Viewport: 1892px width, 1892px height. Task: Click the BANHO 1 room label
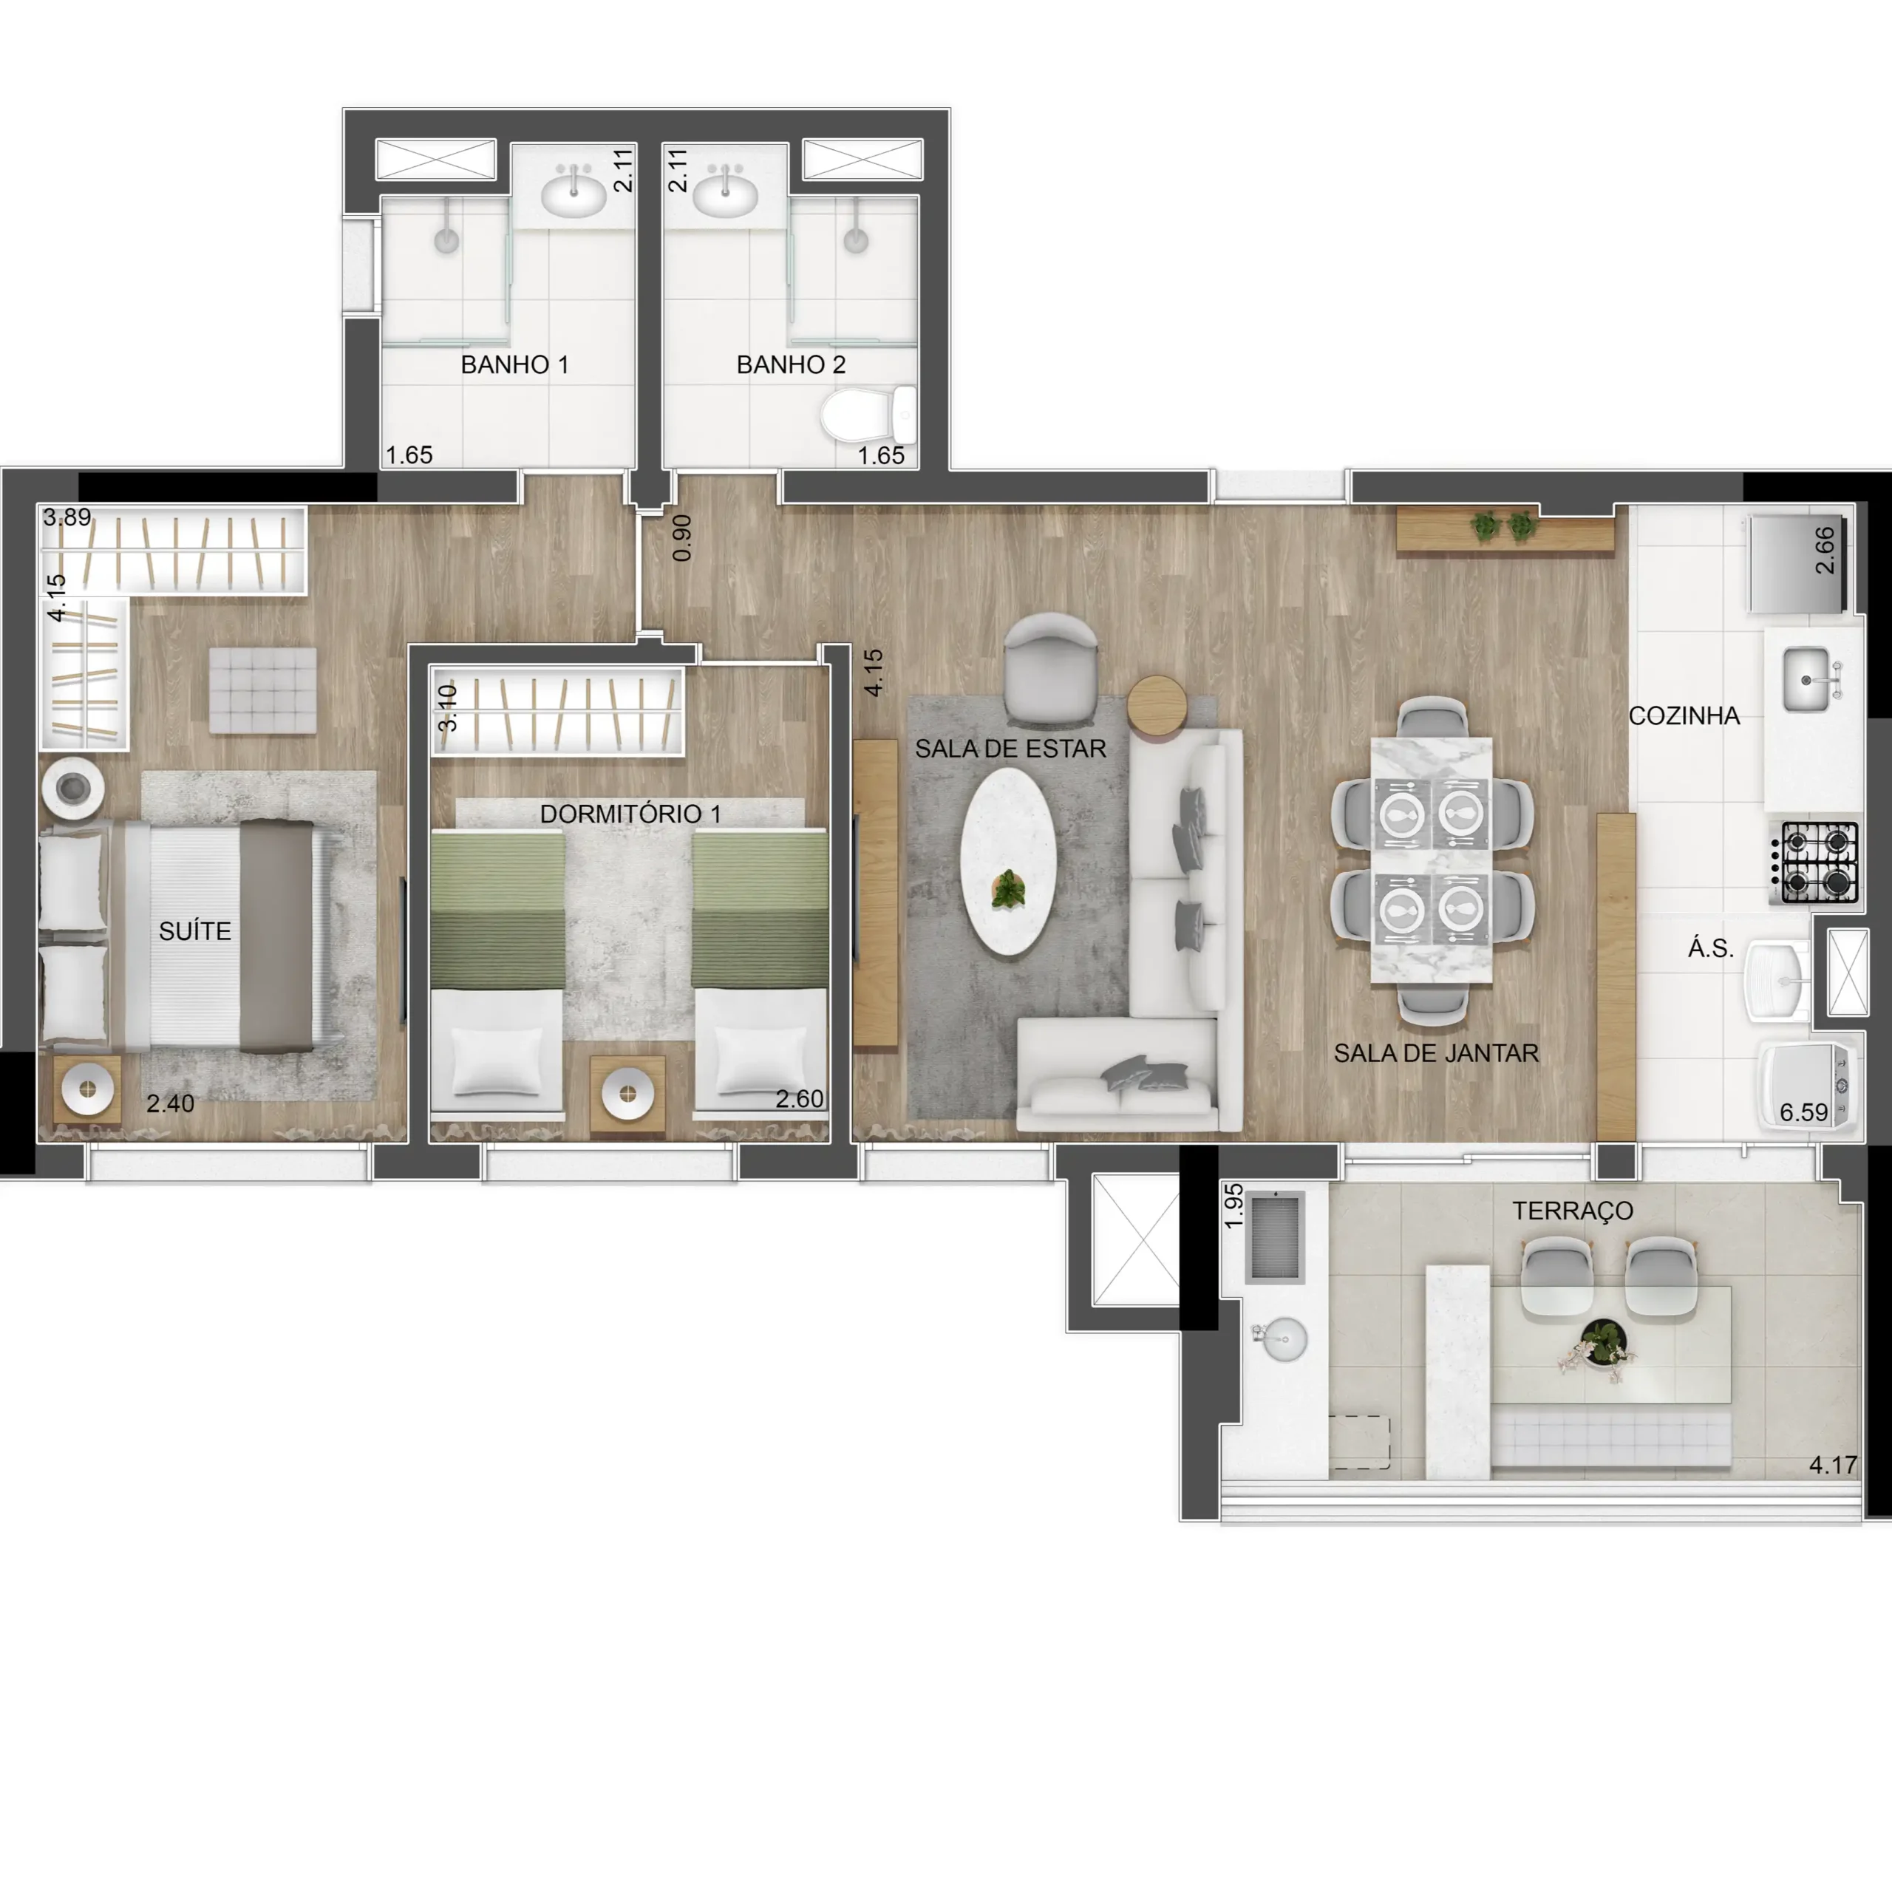pyautogui.click(x=514, y=365)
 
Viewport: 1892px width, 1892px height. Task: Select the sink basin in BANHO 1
pyautogui.click(x=574, y=196)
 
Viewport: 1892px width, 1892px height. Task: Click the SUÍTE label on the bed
pyautogui.click(x=195, y=931)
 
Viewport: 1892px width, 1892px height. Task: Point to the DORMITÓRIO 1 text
pyautogui.click(x=630, y=814)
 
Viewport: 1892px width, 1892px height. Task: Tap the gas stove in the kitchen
pyautogui.click(x=1814, y=862)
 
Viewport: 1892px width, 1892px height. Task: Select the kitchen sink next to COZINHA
pyautogui.click(x=1808, y=678)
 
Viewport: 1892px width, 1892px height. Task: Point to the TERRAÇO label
pyautogui.click(x=1573, y=1211)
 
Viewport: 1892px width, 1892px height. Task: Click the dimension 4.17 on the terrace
pyautogui.click(x=1832, y=1465)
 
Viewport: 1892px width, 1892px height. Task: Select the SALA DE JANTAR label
pyautogui.click(x=1436, y=1054)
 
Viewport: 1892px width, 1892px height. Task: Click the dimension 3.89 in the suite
pyautogui.click(x=67, y=517)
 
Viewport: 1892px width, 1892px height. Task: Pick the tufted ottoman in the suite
pyautogui.click(x=262, y=690)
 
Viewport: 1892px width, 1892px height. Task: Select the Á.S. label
pyautogui.click(x=1711, y=948)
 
